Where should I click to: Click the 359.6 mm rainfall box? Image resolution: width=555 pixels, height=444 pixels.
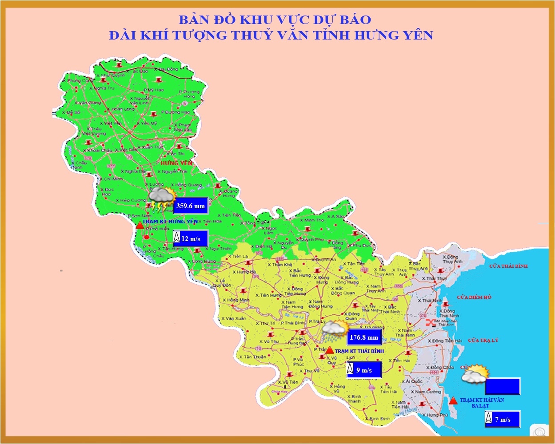[x=191, y=206]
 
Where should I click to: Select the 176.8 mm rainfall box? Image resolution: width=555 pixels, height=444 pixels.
[x=364, y=337]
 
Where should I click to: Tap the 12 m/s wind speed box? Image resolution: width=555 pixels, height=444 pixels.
[x=191, y=238]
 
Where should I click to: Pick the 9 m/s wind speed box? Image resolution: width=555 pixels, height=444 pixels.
[x=364, y=370]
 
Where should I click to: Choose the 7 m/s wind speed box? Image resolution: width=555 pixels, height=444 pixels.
[x=503, y=419]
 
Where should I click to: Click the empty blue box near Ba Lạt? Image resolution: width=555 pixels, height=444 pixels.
[x=503, y=386]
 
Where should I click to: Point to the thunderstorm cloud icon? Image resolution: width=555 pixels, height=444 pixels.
[x=161, y=198]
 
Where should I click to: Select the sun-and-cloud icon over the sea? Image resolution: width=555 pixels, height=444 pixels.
[x=475, y=374]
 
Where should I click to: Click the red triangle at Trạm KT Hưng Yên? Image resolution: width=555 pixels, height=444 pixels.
[x=140, y=225]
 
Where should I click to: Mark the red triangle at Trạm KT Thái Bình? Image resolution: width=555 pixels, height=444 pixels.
[x=330, y=350]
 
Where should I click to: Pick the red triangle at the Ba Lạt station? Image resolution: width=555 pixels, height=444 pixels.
[x=453, y=400]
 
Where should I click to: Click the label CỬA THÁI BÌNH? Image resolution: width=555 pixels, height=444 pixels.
[x=508, y=266]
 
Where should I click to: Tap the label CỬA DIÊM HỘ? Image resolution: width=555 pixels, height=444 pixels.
[x=474, y=297]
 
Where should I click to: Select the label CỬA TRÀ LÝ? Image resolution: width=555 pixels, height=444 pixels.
[x=483, y=340]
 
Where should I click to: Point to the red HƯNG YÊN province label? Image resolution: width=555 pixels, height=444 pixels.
[x=177, y=163]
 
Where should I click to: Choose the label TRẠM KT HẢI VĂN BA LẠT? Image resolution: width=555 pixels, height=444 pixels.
[x=482, y=403]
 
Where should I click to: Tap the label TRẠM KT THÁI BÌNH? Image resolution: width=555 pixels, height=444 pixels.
[x=359, y=351]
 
